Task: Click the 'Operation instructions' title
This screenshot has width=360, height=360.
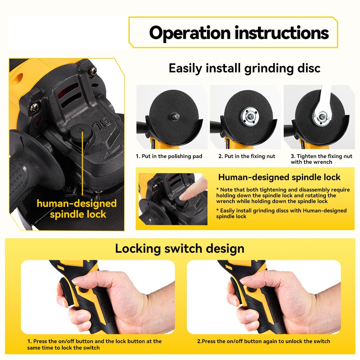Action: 239,33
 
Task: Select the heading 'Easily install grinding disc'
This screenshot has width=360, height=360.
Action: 244,68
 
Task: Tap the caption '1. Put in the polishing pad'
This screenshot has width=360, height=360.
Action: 169,156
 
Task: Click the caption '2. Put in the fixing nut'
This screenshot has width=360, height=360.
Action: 247,156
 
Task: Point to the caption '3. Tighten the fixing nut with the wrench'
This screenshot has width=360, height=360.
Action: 321,159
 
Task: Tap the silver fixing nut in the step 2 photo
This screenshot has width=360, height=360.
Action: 246,116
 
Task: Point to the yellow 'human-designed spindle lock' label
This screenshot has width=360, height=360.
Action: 77,209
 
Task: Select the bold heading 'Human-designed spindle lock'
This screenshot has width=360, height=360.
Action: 279,177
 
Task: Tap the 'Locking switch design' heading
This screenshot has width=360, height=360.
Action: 180,248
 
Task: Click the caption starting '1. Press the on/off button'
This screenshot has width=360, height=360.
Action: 94,344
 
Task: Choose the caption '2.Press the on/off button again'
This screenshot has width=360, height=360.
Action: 263,341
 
